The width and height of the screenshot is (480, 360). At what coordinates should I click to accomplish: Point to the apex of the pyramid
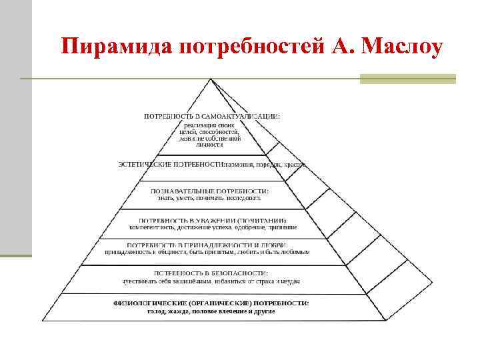pyautogui.click(x=211, y=79)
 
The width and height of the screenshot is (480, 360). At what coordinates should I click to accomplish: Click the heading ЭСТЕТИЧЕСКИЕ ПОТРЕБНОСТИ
pyautogui.click(x=169, y=163)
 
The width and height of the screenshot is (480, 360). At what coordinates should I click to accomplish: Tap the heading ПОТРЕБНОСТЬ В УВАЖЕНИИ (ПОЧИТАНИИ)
pyautogui.click(x=212, y=220)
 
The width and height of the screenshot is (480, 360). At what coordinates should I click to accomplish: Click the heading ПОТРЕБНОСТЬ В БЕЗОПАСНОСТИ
pyautogui.click(x=211, y=273)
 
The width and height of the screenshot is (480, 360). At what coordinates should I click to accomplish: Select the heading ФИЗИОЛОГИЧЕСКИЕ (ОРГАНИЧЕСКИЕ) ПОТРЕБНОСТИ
pyautogui.click(x=211, y=303)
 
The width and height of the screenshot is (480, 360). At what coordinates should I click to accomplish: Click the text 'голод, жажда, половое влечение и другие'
pyautogui.click(x=211, y=311)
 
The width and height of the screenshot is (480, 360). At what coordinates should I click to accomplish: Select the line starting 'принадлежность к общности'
pyautogui.click(x=207, y=252)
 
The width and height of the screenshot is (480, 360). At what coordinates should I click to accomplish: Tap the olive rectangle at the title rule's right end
pyautogui.click(x=407, y=79)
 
